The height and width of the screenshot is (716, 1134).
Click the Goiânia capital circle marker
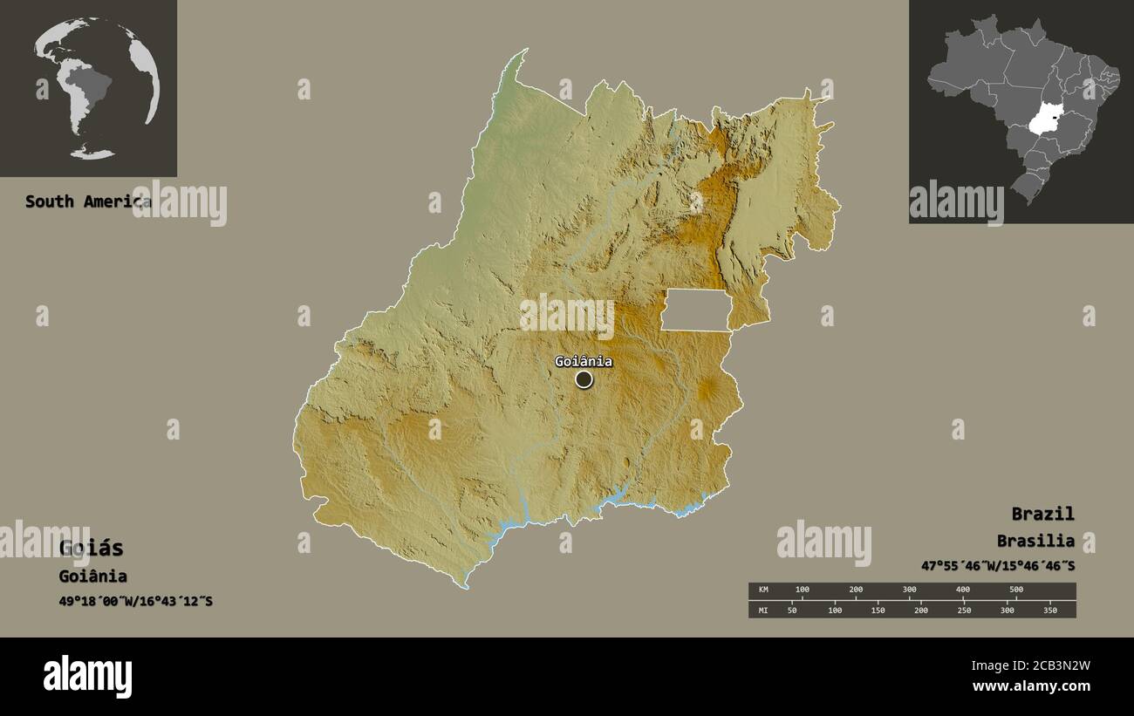(x=584, y=379)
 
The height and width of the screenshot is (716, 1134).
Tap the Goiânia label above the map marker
(x=584, y=362)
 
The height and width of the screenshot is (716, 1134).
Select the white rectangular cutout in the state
(x=695, y=310)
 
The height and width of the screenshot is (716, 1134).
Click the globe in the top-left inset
(x=96, y=88)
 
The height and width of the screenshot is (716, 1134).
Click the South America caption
(x=87, y=201)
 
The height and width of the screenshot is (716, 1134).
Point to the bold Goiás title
(x=91, y=549)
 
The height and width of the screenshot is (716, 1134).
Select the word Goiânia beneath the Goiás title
(x=92, y=576)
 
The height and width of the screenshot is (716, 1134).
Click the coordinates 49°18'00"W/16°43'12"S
(x=135, y=602)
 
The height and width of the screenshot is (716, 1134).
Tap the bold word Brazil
(x=1042, y=514)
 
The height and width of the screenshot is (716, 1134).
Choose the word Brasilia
(x=1035, y=541)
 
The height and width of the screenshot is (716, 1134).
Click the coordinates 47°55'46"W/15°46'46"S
(x=998, y=566)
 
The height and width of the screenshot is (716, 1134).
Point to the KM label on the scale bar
(x=763, y=590)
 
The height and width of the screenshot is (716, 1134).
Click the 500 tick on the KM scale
(x=1015, y=590)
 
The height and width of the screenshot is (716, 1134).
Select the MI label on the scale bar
(x=763, y=610)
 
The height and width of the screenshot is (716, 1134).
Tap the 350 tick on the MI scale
(x=1049, y=610)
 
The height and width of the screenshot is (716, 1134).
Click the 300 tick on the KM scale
(x=909, y=590)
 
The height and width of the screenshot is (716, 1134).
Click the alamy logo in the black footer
(x=88, y=677)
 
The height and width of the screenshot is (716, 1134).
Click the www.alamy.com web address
(x=1028, y=687)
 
